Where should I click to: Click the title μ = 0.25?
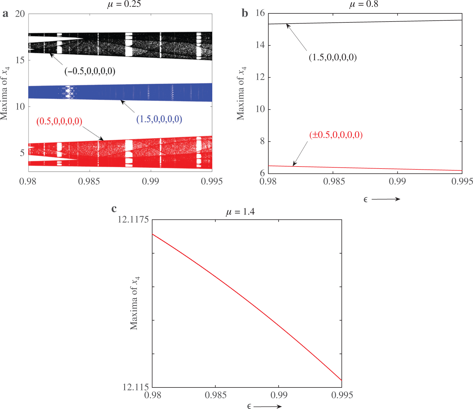pos(124,4)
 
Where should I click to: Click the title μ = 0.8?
pos(364,4)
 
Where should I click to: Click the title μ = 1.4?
pos(240,212)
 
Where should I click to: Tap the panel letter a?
pos(5,14)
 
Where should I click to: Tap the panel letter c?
pos(114,208)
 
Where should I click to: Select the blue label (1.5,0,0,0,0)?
pos(159,119)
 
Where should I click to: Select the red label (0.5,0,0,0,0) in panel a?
pos(59,121)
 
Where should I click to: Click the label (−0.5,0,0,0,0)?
pos(90,71)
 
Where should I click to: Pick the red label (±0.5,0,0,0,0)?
pos(336,135)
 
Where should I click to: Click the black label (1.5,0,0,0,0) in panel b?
pos(333,57)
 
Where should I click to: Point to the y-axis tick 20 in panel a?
pos(20,14)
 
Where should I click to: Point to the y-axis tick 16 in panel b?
pos(260,13)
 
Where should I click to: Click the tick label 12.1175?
pos(133,219)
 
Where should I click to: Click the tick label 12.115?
pos(135,387)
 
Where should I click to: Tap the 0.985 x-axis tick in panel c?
pos(215,395)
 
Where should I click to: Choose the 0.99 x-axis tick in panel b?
pos(397,181)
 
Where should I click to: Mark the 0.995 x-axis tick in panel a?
pos(212,181)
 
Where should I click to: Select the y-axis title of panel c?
pos(134,303)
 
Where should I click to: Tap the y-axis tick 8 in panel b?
pos(262,141)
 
